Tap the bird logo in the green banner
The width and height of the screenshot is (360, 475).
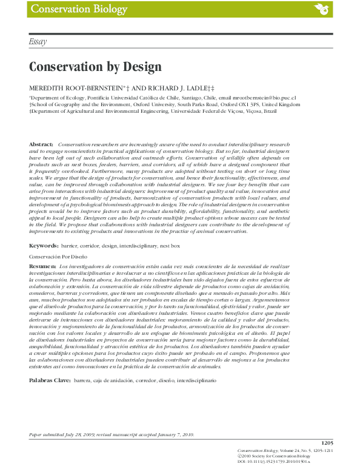(x=321, y=9)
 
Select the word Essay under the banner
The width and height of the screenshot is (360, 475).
(x=38, y=42)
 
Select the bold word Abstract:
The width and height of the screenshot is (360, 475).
(x=41, y=144)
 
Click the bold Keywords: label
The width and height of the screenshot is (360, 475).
(x=43, y=246)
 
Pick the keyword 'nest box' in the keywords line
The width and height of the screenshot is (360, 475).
(x=170, y=246)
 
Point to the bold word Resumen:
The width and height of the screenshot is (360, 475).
(x=42, y=267)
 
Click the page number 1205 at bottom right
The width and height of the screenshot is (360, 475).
(x=327, y=443)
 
